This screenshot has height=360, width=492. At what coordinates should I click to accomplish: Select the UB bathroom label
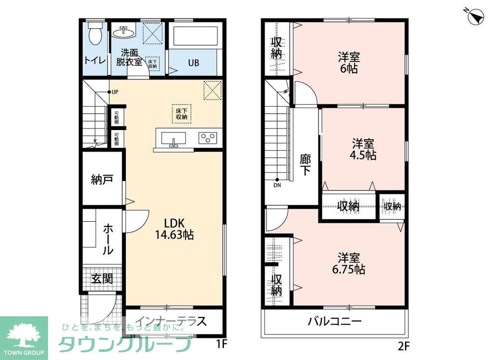(194, 63)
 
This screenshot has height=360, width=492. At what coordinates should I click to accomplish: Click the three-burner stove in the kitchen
(208, 138)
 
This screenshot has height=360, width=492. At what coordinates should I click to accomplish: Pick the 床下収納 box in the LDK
(181, 113)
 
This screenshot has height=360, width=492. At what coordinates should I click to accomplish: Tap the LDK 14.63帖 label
(173, 229)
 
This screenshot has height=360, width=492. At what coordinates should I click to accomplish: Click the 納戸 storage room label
(102, 180)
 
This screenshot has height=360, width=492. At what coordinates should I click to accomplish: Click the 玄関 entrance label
(102, 279)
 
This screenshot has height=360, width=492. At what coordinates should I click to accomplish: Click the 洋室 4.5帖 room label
(363, 149)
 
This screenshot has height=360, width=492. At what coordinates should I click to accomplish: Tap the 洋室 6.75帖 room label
(348, 263)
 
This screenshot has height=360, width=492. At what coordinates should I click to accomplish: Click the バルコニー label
(334, 322)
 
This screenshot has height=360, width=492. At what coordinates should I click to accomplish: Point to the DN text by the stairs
(277, 185)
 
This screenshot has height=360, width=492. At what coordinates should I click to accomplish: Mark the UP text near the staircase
(115, 92)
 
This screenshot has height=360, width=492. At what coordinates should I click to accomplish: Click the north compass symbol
(475, 16)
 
